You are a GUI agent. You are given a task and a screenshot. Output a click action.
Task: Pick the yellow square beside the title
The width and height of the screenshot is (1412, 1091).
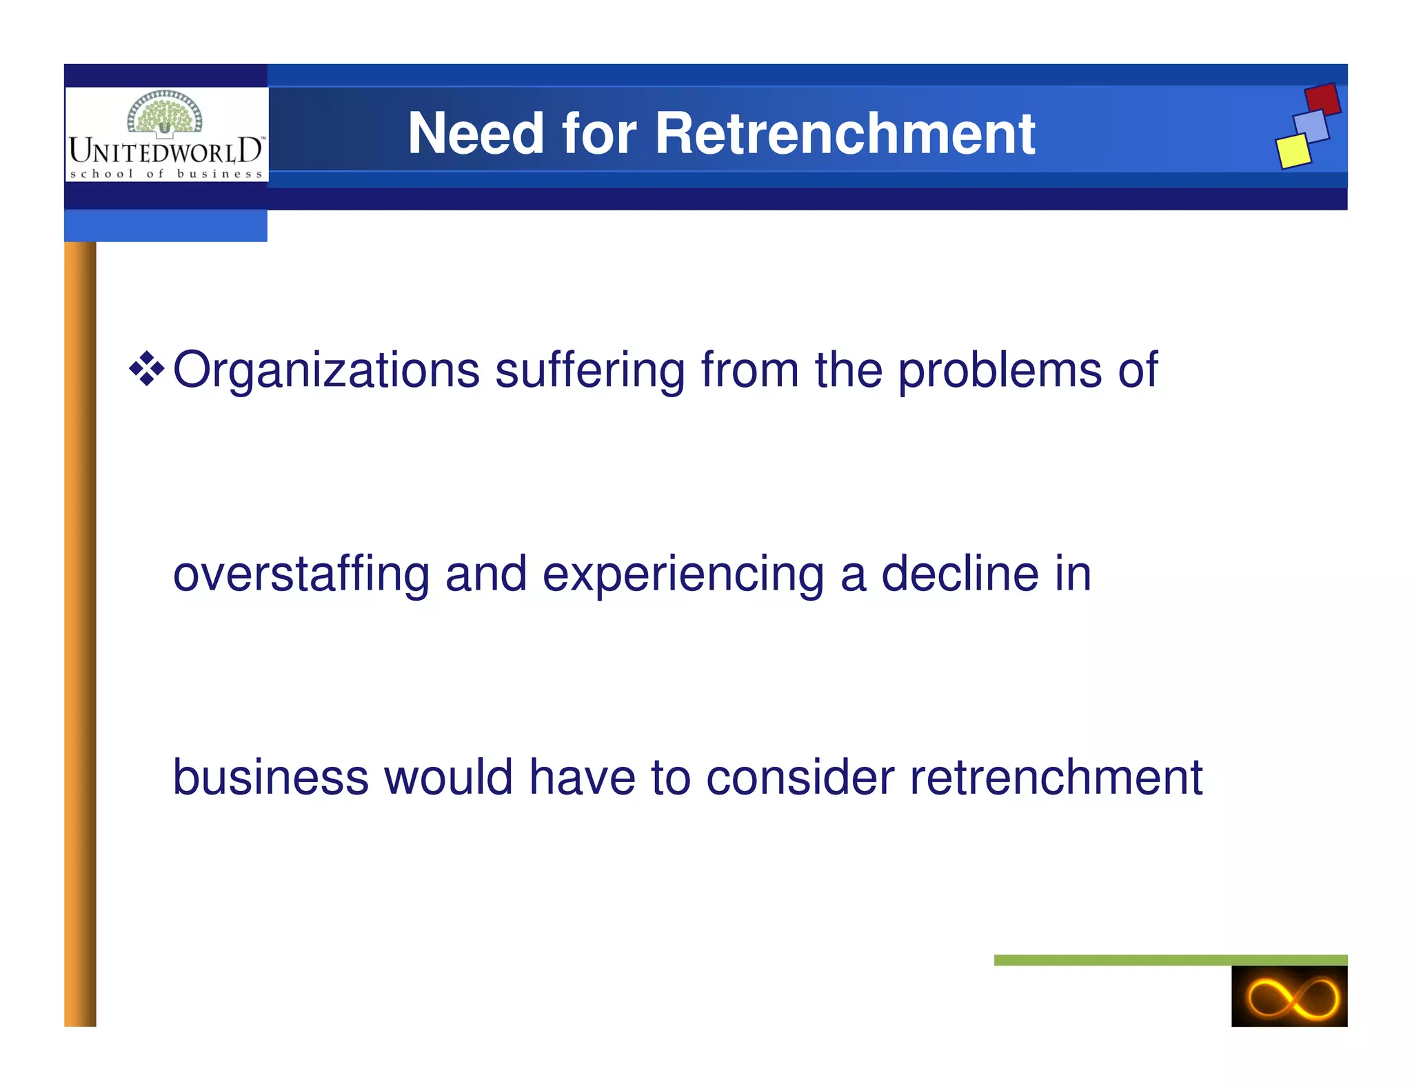[1293, 151]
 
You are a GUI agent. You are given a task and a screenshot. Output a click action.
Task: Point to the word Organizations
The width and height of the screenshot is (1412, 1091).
[325, 371]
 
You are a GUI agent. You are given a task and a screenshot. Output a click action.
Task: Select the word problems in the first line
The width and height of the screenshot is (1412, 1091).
[1000, 371]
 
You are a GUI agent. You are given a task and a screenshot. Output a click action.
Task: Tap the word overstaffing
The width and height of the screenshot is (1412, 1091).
[301, 574]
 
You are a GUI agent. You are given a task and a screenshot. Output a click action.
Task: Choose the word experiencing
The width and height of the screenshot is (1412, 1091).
[683, 574]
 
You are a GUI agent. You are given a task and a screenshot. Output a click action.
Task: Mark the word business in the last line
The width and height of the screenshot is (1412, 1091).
[270, 777]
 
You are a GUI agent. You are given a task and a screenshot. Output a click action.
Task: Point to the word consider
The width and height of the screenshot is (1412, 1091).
[800, 777]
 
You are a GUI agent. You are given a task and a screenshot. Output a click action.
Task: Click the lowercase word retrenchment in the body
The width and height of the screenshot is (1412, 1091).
[1056, 777]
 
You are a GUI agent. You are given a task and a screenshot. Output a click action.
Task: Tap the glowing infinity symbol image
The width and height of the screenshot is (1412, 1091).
[1289, 997]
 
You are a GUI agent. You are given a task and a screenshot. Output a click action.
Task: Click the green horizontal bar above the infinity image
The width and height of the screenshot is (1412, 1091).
[1170, 960]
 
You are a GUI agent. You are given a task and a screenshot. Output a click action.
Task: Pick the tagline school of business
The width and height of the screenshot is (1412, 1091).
[166, 174]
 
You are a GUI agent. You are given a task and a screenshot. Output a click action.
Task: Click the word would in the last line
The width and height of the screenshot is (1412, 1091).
[448, 777]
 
